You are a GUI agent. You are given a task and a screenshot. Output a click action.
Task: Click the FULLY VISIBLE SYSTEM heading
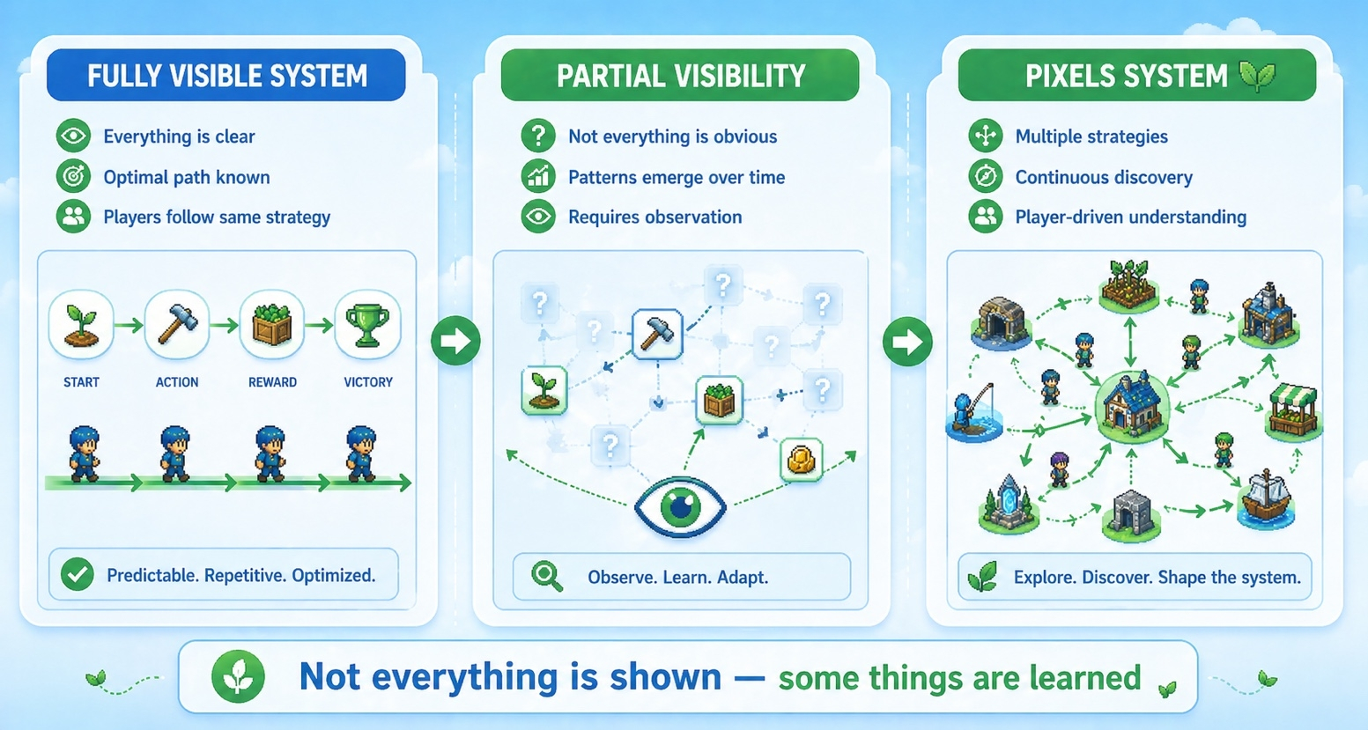[226, 76]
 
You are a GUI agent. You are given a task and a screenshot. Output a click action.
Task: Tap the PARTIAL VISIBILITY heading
[680, 76]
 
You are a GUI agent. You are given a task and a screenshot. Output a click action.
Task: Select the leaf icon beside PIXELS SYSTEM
[1256, 76]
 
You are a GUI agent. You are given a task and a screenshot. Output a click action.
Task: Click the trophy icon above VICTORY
[367, 325]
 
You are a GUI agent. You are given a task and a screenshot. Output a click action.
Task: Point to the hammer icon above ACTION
[177, 325]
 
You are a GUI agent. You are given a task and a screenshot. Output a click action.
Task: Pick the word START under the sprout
[81, 382]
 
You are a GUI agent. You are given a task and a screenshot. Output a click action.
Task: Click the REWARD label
[272, 382]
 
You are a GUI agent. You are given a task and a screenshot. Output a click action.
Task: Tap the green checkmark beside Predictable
[78, 575]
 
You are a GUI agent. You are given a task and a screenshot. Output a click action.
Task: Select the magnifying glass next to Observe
[547, 577]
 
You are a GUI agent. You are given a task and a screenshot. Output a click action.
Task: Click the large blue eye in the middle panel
[680, 506]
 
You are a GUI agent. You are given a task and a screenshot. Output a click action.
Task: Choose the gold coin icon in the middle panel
[801, 460]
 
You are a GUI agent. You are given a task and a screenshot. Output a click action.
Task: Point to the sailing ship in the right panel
[1266, 498]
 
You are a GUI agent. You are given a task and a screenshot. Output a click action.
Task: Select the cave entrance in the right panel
[1001, 321]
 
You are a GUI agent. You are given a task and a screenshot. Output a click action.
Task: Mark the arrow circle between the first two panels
[455, 341]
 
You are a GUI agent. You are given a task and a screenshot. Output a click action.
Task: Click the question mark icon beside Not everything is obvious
[537, 136]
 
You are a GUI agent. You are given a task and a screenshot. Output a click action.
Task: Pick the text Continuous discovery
[1104, 177]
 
